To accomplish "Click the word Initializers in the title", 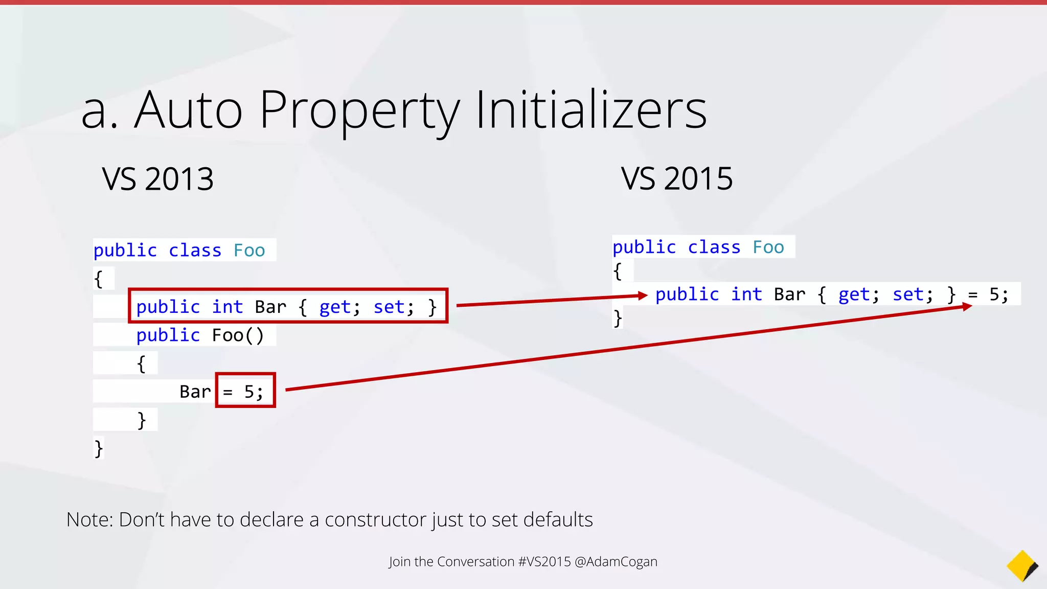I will tap(591, 110).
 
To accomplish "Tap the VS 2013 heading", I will tap(157, 179).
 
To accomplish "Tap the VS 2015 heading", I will tap(676, 179).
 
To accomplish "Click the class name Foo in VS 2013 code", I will tap(249, 251).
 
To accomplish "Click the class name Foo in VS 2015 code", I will tap(768, 247).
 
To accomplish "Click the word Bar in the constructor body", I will tap(195, 392).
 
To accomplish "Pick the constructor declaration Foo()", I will tap(238, 335).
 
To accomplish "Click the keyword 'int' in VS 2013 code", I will tap(227, 307).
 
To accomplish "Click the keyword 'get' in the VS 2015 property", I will tap(854, 294).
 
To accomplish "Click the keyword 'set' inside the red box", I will tap(389, 307).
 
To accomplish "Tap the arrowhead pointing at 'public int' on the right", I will tap(643, 296).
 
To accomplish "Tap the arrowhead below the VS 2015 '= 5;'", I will tap(967, 307).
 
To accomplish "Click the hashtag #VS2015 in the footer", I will tap(544, 561).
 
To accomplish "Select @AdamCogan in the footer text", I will tap(616, 561).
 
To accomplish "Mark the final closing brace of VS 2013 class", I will tap(99, 448).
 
